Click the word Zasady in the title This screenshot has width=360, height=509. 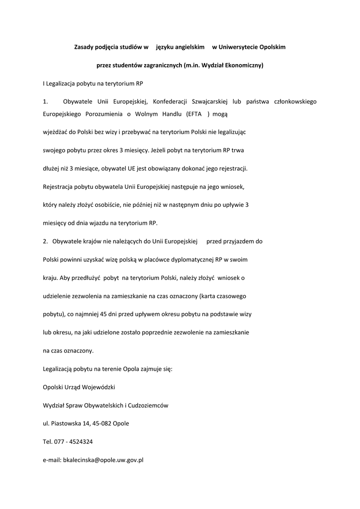coord(83,47)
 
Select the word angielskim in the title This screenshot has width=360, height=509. coord(189,47)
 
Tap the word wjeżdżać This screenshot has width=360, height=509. coord(56,132)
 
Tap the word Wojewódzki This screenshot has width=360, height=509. coord(99,387)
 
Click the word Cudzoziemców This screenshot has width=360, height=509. coord(148,405)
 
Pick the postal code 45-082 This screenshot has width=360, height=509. coord(102,424)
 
